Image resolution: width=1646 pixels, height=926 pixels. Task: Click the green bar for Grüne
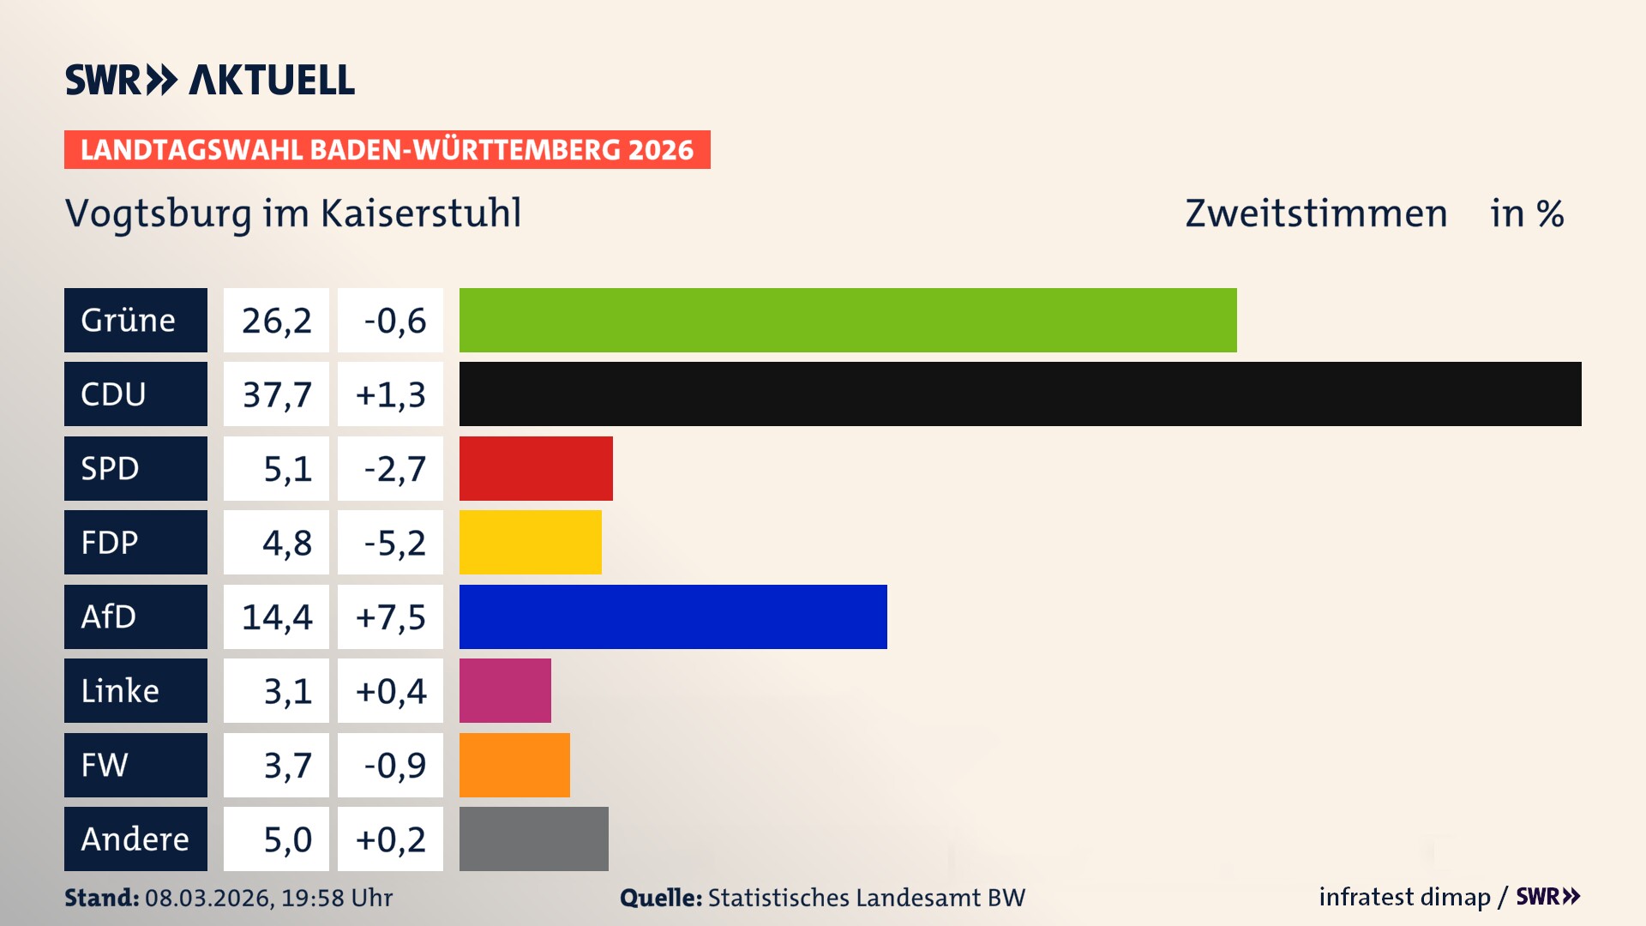pos(848,320)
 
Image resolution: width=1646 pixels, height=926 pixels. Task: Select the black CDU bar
pos(1020,394)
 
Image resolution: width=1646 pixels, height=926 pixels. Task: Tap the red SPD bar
pos(536,468)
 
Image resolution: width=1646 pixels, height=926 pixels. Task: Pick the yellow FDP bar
pos(530,542)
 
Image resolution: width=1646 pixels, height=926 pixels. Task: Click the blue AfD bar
pos(673,616)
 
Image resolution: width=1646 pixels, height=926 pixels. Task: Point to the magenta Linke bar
pos(505,690)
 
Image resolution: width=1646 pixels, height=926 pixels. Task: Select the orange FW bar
pos(514,765)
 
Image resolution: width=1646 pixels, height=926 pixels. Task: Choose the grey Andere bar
pos(533,839)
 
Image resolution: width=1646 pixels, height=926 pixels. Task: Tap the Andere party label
pos(135,839)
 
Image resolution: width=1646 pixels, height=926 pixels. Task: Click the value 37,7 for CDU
pos(276,394)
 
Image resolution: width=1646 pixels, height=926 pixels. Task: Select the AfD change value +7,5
pos(390,616)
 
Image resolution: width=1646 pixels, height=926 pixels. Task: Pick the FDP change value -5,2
pos(393,543)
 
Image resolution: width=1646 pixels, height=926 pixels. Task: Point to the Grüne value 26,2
pos(276,321)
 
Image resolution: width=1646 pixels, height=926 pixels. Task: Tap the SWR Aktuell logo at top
pos(210,80)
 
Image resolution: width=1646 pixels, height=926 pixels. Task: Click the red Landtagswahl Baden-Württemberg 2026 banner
pos(387,149)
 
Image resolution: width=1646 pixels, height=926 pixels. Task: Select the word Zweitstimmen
pos(1316,213)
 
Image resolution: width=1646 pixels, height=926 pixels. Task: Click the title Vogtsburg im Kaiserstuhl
pos(293,213)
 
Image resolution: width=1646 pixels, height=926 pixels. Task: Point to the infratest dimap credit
pos(1404,897)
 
